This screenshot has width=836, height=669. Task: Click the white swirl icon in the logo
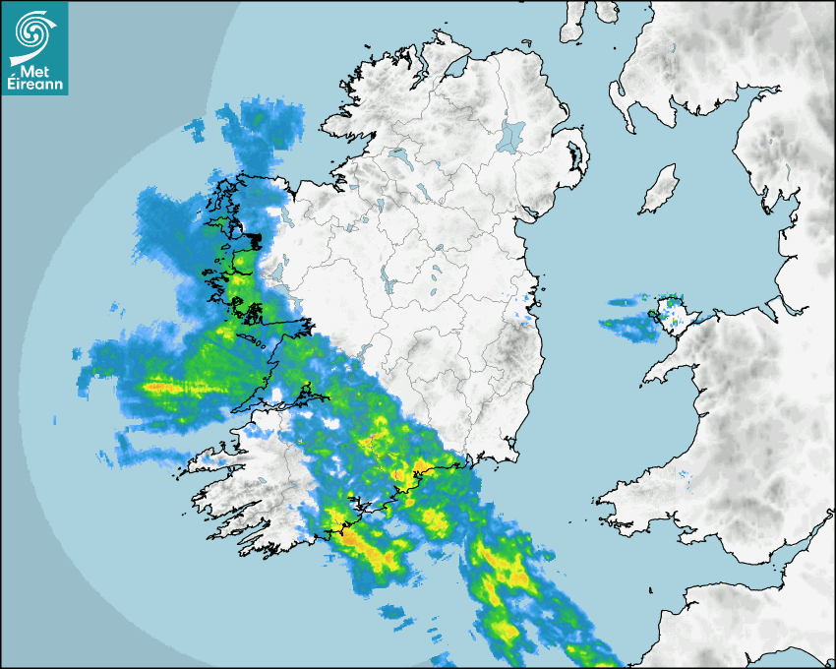33,30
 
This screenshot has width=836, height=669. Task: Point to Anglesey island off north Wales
675,313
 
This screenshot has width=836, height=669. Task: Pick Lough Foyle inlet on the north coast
454,69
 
